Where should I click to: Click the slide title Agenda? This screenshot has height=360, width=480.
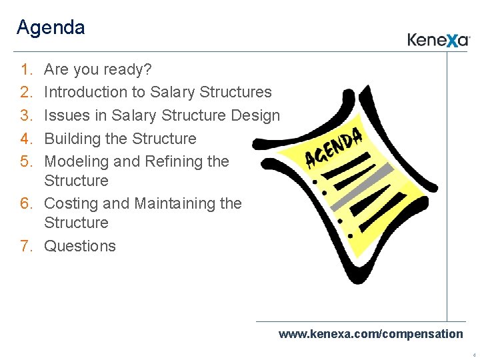click(51, 28)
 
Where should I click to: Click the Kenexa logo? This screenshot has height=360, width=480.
click(439, 40)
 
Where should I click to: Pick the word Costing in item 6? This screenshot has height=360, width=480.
click(71, 203)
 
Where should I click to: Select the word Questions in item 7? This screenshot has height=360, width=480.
click(80, 246)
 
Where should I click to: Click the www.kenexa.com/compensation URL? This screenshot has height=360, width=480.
click(370, 334)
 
